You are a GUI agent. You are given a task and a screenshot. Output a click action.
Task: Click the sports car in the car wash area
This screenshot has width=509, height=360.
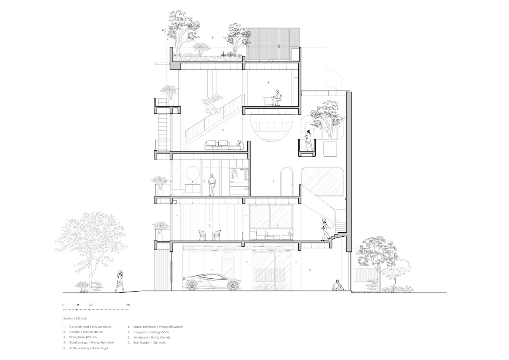(x=212, y=282)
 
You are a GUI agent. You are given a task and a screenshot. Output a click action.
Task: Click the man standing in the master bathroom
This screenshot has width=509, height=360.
(x=212, y=185)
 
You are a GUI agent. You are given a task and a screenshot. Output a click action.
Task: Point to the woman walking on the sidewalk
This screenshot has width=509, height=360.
(x=120, y=281)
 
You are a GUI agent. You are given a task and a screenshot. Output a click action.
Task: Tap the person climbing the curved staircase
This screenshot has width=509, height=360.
(x=324, y=229)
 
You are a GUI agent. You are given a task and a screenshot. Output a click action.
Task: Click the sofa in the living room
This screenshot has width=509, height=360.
(x=224, y=146)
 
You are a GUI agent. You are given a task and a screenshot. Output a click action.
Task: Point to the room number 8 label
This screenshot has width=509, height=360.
(x=268, y=83)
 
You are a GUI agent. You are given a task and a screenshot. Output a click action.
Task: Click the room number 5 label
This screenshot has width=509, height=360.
(x=273, y=181)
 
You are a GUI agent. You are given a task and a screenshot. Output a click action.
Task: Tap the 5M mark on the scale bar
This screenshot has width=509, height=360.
(x=128, y=305)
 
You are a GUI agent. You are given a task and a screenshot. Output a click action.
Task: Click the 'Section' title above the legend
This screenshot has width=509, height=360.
(x=68, y=318)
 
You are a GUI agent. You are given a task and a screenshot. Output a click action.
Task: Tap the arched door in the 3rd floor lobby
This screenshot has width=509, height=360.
(x=287, y=181)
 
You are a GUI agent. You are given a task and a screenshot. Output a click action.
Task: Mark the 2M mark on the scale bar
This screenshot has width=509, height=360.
(x=90, y=305)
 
